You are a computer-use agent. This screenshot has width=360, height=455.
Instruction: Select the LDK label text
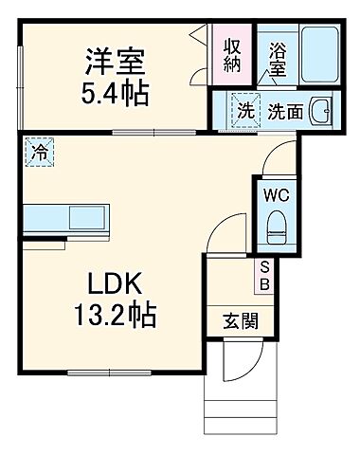[x=115, y=283]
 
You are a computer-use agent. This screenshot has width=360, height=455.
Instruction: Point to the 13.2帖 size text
[x=115, y=314]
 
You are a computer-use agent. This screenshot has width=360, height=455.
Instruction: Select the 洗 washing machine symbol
[x=245, y=110]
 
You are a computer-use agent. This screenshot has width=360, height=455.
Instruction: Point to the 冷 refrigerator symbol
[x=40, y=151]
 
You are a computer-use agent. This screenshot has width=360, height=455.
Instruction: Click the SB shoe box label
[x=265, y=275]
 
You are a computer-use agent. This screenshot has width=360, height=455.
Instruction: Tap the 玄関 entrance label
[x=237, y=320]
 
